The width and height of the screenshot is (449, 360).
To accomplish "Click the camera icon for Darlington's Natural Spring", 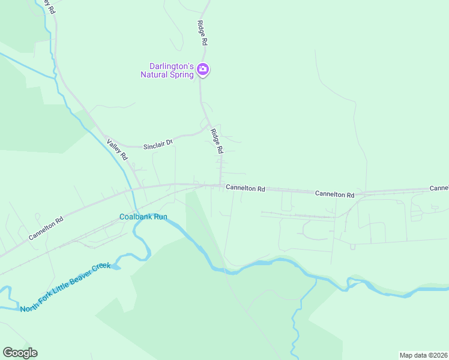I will pyautogui.click(x=203, y=70).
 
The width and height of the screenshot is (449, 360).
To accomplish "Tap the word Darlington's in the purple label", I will pyautogui.click(x=172, y=66).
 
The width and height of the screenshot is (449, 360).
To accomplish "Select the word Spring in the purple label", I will pyautogui.click(x=180, y=74).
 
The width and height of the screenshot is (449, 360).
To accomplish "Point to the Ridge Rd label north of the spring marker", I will pyautogui.click(x=202, y=33).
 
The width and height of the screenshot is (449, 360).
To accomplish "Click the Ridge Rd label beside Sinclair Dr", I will pyautogui.click(x=217, y=141).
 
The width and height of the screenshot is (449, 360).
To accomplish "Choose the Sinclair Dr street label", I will pyautogui.click(x=158, y=144).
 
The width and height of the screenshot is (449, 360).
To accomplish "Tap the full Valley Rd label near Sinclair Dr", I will pyautogui.click(x=118, y=149).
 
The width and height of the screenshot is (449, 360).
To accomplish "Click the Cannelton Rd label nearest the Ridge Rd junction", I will pyautogui.click(x=246, y=188).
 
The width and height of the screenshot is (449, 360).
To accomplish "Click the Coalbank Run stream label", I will pyautogui.click(x=143, y=217).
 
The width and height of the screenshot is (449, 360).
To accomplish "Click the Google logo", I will pyautogui.click(x=20, y=353).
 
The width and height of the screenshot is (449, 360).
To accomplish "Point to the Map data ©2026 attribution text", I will pyautogui.click(x=423, y=355).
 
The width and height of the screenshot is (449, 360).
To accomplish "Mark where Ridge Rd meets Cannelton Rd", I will pyautogui.click(x=221, y=185).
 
